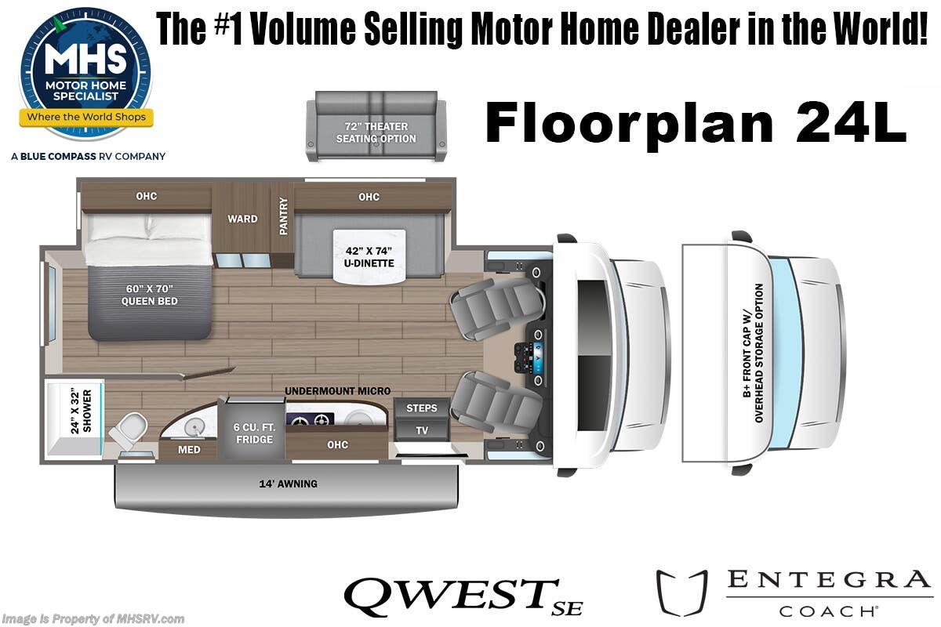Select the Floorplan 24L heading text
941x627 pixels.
pyautogui.click(x=696, y=124)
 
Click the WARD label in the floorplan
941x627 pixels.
pyautogui.click(x=242, y=219)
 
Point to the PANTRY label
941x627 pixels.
pyautogui.click(x=283, y=215)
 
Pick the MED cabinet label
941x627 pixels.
pyautogui.click(x=189, y=450)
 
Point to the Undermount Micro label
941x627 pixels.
pyautogui.click(x=337, y=391)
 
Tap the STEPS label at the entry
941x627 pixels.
pyautogui.click(x=421, y=408)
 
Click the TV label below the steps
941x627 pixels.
pyautogui.click(x=422, y=430)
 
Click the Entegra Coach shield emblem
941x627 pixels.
pyautogui.click(x=681, y=593)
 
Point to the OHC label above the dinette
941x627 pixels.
pyautogui.click(x=369, y=197)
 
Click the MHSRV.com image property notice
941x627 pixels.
pyautogui.click(x=93, y=619)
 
